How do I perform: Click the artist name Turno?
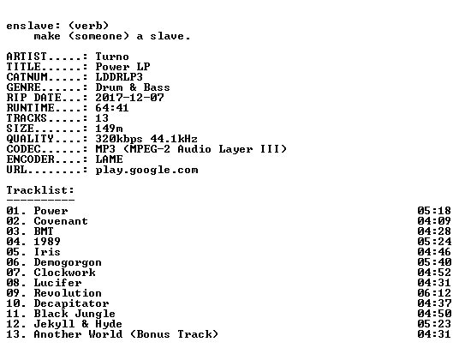point(112,57)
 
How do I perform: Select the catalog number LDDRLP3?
point(119,77)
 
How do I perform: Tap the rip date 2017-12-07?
point(129,98)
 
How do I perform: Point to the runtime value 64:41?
point(112,108)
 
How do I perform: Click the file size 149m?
point(109,129)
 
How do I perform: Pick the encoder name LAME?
point(109,159)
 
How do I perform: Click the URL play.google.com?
point(146,171)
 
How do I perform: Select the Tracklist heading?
point(40,190)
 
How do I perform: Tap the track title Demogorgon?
point(68,262)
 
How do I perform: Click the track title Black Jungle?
point(75,314)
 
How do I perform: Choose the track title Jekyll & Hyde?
point(78,324)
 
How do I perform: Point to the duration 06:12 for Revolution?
point(434,293)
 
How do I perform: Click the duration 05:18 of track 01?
point(434,211)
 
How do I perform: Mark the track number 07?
point(13,273)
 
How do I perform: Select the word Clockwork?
point(64,273)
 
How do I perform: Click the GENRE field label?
point(23,87)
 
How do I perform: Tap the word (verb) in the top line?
point(88,26)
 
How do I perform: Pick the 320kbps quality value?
point(119,139)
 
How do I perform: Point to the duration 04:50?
point(434,314)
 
